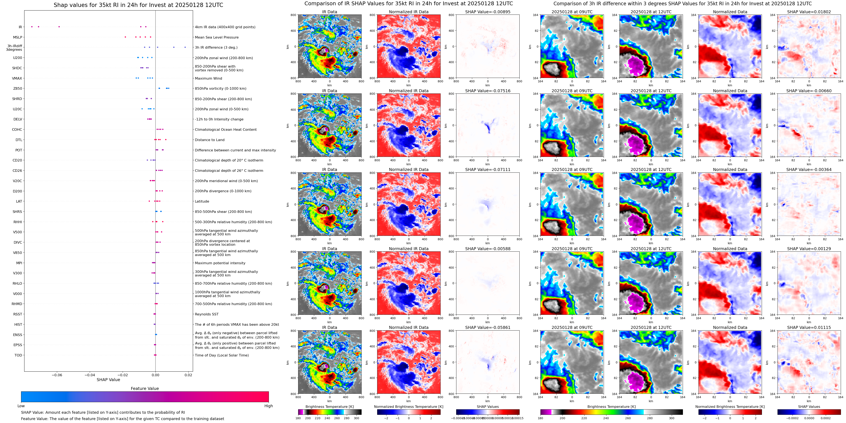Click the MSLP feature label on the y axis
17,37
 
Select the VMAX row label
17,78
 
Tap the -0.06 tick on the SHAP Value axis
57,375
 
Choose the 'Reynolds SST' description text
206,314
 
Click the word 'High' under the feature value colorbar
268,406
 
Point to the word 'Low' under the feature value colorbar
21,406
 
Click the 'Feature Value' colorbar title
145,388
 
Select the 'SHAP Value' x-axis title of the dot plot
108,380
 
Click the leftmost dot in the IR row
32,27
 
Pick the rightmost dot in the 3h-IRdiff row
185,47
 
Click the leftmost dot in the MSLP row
125,37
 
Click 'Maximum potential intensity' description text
220,263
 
